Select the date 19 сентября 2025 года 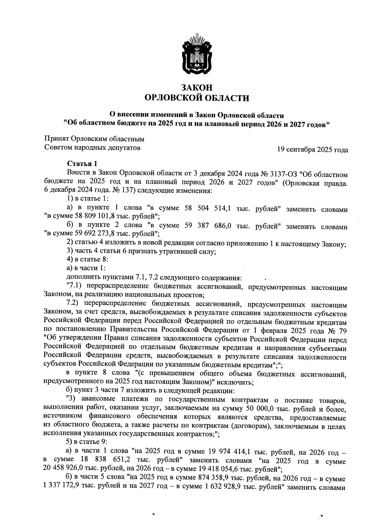(312, 150)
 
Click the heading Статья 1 (82, 164)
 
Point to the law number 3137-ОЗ (283, 173)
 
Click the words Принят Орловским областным (94, 139)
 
